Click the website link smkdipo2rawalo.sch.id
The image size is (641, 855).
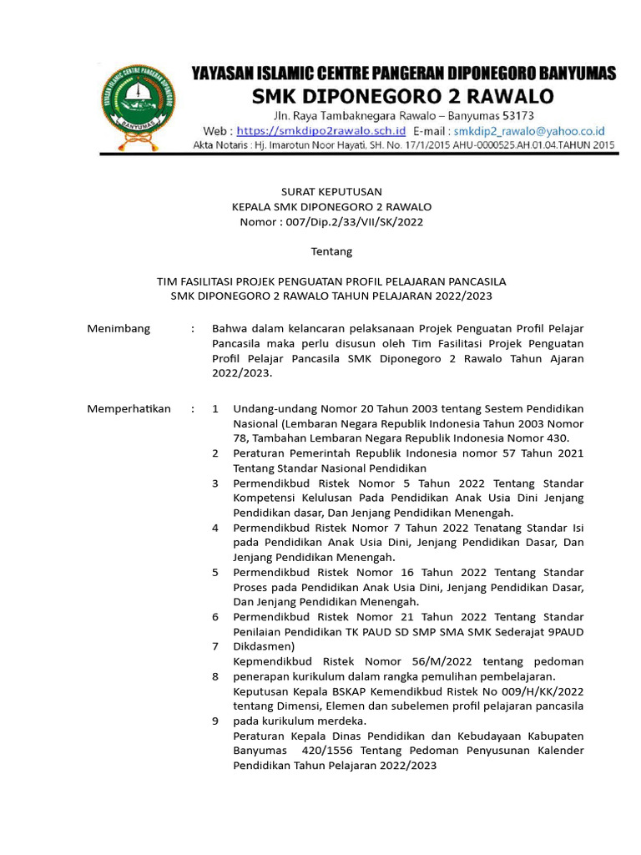[x=321, y=131]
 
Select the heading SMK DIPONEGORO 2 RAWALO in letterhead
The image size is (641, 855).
[x=403, y=97]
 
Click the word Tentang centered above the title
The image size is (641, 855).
[x=331, y=251]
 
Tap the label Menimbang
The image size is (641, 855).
[x=119, y=328]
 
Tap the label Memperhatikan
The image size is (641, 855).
[x=129, y=408]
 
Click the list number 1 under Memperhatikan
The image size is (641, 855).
[x=215, y=408]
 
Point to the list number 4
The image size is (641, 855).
[x=215, y=528]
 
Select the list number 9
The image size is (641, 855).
[x=215, y=720]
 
